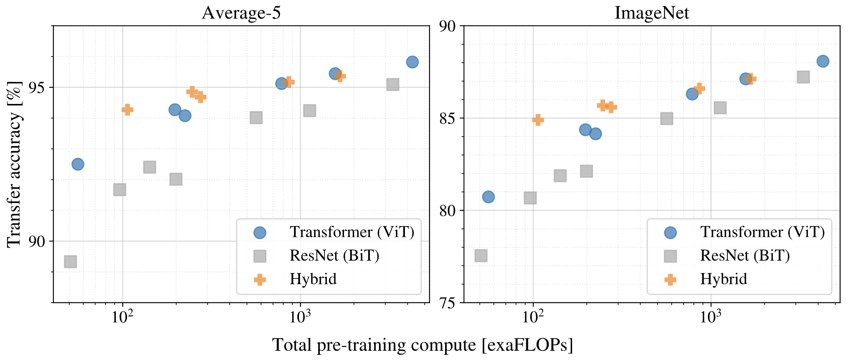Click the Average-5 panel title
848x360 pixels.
tap(241, 13)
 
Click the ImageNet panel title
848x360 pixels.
tap(651, 13)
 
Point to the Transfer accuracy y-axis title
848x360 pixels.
tap(14, 164)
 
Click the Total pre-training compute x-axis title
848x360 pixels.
tap(422, 345)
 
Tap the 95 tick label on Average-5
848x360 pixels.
tap(37, 88)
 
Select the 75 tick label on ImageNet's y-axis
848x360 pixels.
tap(447, 303)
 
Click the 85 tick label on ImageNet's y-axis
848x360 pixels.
tap(447, 118)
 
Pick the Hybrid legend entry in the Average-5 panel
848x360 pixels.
tap(313, 279)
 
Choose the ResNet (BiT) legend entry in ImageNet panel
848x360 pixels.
tap(744, 256)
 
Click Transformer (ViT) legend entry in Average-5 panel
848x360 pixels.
tap(352, 232)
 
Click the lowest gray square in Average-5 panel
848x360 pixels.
tap(70, 262)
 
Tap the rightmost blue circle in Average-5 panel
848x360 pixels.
tap(412, 62)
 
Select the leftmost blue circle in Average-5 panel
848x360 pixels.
tap(78, 164)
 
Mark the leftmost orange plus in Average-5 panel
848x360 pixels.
tap(127, 110)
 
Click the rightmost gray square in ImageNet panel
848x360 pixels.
tap(803, 77)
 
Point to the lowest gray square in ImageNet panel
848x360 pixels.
tap(481, 256)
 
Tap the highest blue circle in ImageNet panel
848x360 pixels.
tap(823, 61)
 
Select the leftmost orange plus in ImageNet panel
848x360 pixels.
tap(538, 119)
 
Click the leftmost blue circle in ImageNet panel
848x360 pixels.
tap(488, 197)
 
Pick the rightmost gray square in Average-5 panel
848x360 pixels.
tap(393, 84)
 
